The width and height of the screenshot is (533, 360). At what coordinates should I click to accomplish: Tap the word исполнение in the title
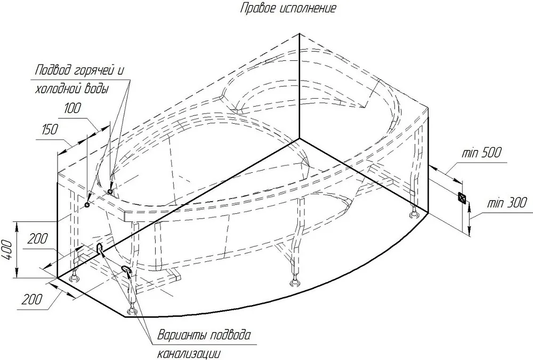(308, 8)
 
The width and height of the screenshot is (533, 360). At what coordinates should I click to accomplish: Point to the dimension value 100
(72, 108)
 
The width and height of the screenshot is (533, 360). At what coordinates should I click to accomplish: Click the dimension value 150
(50, 130)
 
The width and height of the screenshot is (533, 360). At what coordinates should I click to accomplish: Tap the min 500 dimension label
(481, 153)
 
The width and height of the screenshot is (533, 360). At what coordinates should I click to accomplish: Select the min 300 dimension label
(506, 203)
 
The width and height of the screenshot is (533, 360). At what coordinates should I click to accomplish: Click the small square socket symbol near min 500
(462, 197)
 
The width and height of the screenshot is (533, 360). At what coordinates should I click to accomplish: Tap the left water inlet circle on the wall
(87, 204)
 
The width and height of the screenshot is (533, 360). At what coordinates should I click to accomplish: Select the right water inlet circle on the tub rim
(110, 192)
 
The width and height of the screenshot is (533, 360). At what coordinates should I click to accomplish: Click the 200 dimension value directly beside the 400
(37, 239)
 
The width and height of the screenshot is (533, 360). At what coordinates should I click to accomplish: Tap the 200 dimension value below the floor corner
(33, 299)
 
